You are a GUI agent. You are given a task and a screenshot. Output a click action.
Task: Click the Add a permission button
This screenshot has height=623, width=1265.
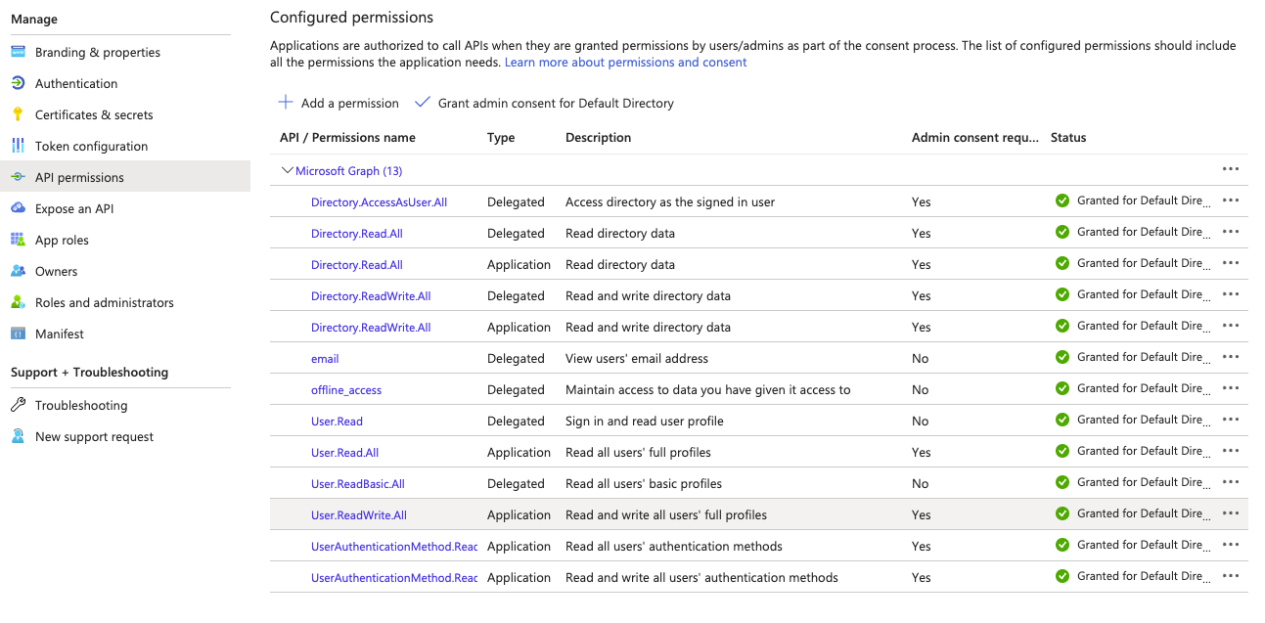pos(339,103)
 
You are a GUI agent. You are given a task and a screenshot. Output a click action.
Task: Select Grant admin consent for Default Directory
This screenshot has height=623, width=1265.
pos(544,103)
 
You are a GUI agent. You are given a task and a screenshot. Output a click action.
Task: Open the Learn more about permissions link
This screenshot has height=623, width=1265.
pos(625,63)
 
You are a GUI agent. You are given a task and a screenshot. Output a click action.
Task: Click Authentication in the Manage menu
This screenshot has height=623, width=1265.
pos(75,84)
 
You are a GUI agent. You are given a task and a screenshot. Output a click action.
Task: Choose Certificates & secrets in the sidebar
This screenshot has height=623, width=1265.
pos(93,115)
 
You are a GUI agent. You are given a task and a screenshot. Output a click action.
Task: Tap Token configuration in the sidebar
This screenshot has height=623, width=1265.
pos(91,147)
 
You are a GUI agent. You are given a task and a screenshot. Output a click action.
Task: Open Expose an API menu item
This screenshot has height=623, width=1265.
pos(73,209)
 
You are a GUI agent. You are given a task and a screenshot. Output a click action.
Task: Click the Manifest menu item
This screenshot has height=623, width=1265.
pos(59,334)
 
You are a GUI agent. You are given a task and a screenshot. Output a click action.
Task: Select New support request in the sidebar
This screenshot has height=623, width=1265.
pos(94,437)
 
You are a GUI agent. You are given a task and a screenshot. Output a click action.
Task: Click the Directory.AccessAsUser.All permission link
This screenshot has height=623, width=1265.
pos(379,202)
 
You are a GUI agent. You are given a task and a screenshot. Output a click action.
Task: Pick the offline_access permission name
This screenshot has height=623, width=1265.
pos(346,390)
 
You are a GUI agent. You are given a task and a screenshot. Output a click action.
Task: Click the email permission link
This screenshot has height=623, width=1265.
pos(325,359)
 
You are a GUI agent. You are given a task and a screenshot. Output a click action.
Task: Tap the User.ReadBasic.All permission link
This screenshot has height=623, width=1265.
pos(357,484)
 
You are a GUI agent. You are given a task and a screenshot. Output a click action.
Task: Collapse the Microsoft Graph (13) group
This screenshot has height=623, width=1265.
pos(288,171)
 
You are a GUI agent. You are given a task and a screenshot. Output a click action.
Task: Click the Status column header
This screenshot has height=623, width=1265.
pos(1068,138)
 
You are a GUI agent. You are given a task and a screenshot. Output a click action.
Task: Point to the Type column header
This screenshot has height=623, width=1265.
pos(501,138)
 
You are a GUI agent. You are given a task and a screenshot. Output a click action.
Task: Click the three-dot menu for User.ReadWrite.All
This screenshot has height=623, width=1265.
pos(1231,513)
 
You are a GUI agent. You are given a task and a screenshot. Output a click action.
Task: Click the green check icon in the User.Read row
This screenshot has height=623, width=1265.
pos(1062,420)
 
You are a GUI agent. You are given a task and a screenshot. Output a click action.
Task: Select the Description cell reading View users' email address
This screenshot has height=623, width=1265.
pos(637,359)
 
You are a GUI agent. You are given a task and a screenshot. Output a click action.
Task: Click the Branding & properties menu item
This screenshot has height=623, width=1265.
pos(97,53)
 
